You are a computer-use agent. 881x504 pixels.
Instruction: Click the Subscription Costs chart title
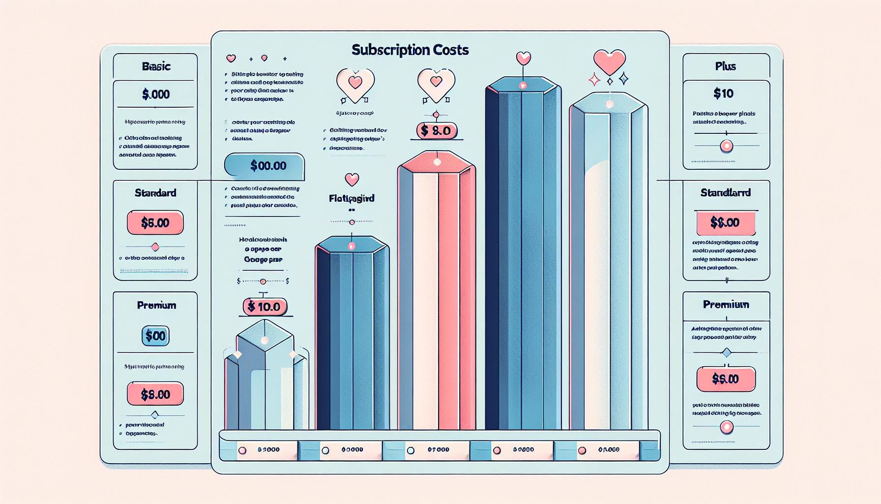tap(410, 50)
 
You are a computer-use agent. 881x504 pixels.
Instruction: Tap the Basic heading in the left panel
tap(156, 66)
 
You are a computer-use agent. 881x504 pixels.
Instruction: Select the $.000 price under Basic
tap(156, 94)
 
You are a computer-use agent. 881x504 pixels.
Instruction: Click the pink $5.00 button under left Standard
tap(155, 223)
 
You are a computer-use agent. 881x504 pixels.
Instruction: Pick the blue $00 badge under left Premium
tap(155, 336)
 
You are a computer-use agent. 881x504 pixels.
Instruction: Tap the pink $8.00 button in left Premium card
tap(155, 394)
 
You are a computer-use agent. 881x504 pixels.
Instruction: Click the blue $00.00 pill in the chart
tap(265, 166)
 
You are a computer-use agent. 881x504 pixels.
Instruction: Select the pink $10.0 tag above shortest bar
tap(264, 307)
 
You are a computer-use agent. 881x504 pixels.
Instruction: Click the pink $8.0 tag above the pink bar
tap(437, 131)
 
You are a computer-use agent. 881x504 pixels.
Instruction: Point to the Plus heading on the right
tap(725, 66)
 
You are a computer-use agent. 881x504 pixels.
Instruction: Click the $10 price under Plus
tap(723, 93)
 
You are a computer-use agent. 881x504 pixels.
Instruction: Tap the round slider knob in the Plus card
tap(726, 146)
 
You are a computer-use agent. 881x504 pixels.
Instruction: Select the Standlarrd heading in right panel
tap(725, 193)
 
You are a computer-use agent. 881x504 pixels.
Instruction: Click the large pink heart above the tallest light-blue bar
tap(610, 62)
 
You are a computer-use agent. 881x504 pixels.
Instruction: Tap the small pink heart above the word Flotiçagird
tap(352, 179)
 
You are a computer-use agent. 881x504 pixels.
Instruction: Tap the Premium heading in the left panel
tap(156, 305)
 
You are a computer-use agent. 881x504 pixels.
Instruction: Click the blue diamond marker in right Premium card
tap(726, 352)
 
